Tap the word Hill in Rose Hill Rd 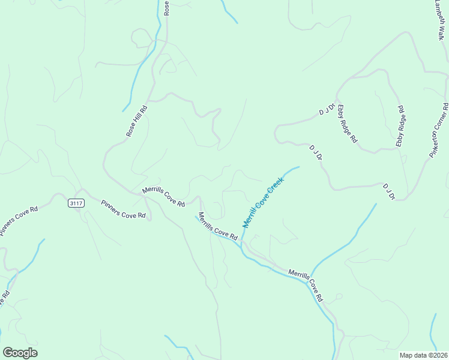pyautogui.click(x=137, y=122)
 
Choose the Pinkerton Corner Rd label pyautogui.click(x=438, y=131)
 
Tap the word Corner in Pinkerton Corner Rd pyautogui.click(x=439, y=128)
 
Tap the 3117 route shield pyautogui.click(x=76, y=203)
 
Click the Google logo pyautogui.click(x=20, y=353)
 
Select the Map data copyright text pyautogui.click(x=423, y=355)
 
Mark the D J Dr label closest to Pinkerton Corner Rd pyautogui.click(x=388, y=191)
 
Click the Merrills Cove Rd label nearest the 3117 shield pyautogui.click(x=163, y=197)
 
